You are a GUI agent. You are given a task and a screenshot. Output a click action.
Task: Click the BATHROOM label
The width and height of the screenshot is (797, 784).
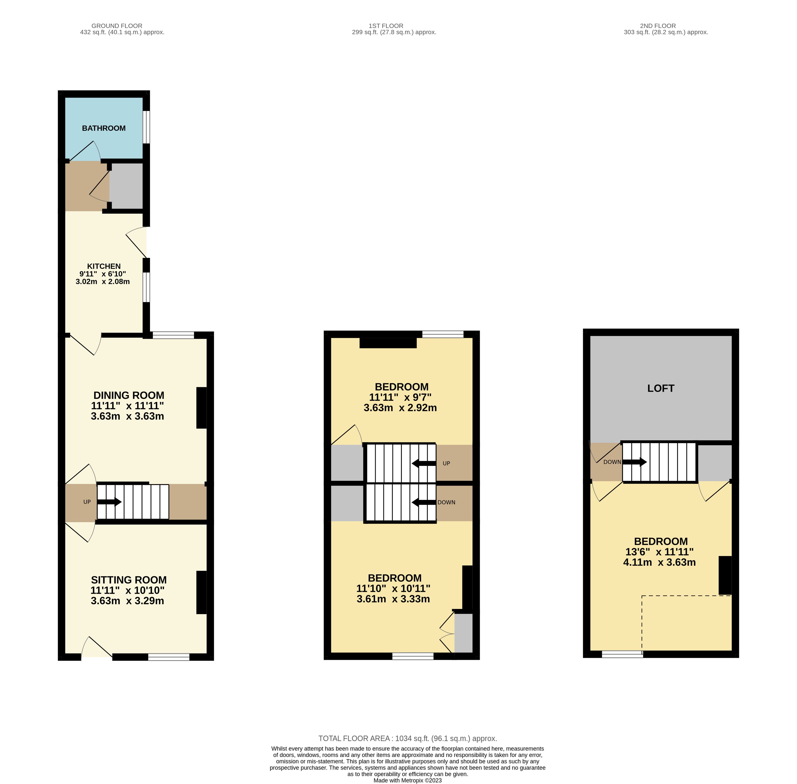tap(104, 128)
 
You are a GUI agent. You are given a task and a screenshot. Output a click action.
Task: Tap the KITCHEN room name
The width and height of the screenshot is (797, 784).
tap(104, 266)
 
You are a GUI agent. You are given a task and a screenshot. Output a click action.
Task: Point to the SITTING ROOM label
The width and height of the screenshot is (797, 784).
tap(129, 580)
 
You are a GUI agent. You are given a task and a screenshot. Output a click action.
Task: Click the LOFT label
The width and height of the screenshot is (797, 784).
tap(661, 388)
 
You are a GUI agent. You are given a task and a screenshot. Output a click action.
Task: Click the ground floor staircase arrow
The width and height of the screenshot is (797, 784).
tap(109, 502)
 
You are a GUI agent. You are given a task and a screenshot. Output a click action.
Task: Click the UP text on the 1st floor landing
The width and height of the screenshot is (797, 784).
tap(446, 463)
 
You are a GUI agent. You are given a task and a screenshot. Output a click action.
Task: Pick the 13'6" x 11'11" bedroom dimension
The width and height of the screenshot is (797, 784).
tap(660, 552)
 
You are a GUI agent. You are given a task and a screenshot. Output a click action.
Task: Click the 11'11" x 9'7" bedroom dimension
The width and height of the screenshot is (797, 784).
tap(400, 397)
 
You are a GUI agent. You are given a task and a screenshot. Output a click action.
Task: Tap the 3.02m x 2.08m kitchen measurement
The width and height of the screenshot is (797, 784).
tap(103, 282)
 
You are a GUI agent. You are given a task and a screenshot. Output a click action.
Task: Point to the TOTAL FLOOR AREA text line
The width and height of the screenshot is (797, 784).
tap(408, 738)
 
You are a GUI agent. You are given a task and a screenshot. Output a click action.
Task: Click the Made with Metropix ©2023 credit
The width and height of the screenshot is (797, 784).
tap(408, 780)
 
